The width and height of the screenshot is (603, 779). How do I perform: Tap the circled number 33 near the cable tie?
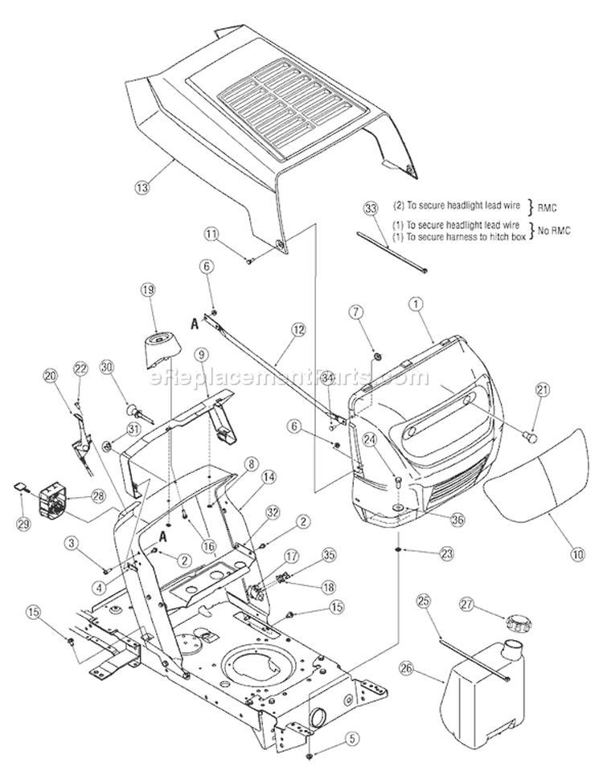(370, 209)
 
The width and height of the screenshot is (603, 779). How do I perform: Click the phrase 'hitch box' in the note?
(510, 239)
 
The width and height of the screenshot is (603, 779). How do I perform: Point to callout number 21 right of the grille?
(542, 389)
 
